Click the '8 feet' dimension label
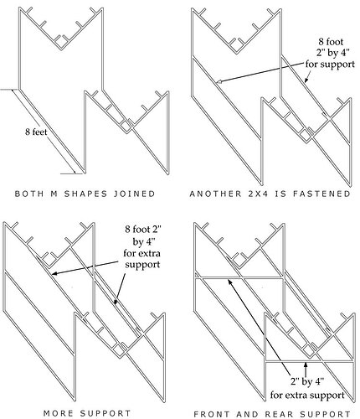(36, 132)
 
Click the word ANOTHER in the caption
(215, 194)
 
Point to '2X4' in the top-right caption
(258, 194)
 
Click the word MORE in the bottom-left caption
(58, 413)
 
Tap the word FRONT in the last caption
(212, 414)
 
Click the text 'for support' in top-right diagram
(330, 64)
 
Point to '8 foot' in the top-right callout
(331, 42)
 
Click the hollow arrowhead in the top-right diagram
(219, 81)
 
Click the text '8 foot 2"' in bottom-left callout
(143, 230)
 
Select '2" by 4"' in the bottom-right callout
(307, 381)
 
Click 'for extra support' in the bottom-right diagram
(307, 396)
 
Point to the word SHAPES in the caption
(85, 194)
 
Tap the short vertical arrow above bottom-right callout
(306, 369)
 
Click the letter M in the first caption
(54, 194)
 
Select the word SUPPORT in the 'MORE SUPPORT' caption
(105, 413)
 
